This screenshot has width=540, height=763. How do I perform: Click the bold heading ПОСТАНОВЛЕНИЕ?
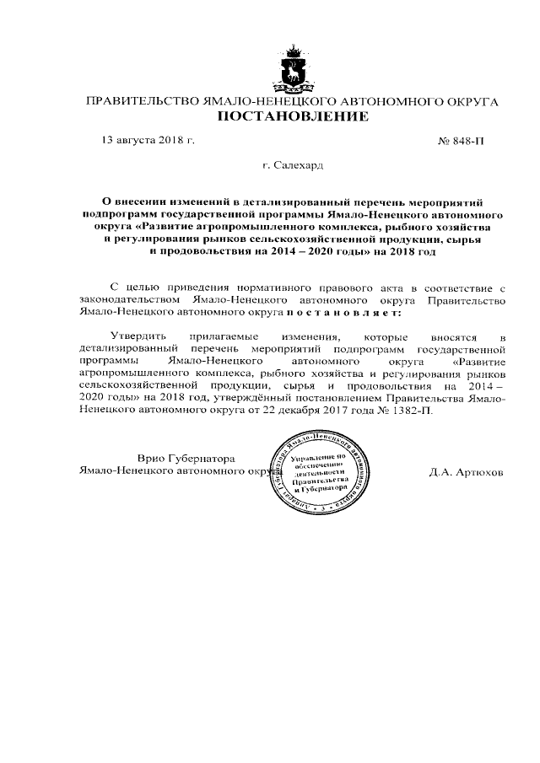[293, 117]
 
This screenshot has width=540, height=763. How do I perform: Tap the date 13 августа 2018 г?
[148, 140]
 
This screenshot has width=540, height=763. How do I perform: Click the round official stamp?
[316, 475]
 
